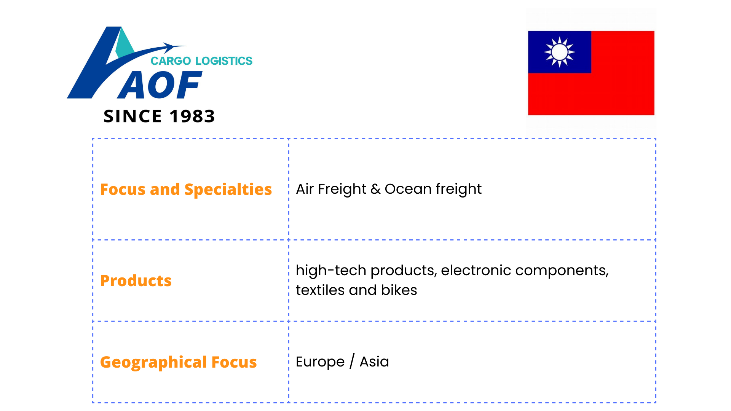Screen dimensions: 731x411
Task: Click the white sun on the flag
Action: pyautogui.click(x=559, y=52)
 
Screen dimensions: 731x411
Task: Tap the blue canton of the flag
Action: pyautogui.click(x=559, y=52)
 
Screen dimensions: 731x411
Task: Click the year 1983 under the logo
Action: pyautogui.click(x=192, y=116)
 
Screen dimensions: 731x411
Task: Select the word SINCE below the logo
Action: pyautogui.click(x=133, y=116)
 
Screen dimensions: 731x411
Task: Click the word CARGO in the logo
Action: pyautogui.click(x=171, y=61)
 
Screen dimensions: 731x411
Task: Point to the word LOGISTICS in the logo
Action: pyautogui.click(x=224, y=61)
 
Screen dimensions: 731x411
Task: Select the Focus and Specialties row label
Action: pyautogui.click(x=186, y=190)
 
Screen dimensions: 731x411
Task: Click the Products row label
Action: pyautogui.click(x=136, y=281)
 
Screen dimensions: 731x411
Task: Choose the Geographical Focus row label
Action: pyautogui.click(x=178, y=362)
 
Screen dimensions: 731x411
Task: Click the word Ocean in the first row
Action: pyautogui.click(x=408, y=189)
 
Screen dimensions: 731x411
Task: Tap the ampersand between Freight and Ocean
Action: pyautogui.click(x=375, y=189)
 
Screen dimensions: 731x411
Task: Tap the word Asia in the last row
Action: pyautogui.click(x=374, y=362)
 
